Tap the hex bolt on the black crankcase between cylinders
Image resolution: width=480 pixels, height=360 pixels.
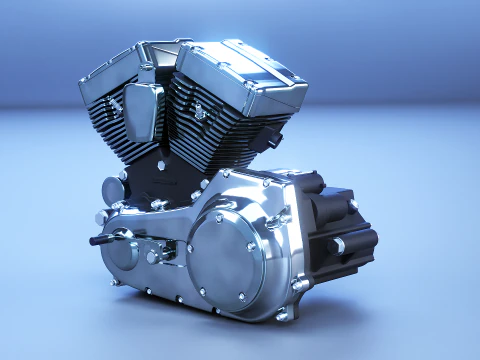click(158, 204)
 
